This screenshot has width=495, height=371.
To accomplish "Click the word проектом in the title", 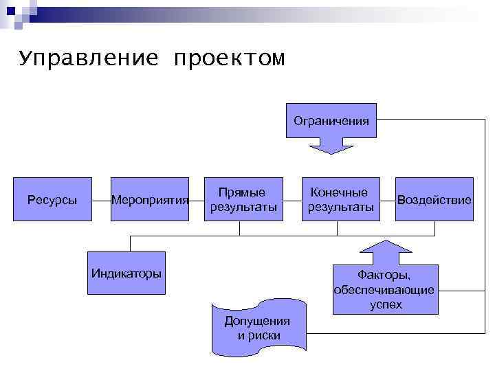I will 229,60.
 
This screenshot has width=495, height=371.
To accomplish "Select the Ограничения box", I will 331,121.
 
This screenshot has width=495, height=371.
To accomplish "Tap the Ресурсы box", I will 52,200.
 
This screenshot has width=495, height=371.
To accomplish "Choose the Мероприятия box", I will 150,200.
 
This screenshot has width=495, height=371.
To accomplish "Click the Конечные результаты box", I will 340,199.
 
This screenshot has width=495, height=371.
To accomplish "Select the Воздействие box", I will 434,200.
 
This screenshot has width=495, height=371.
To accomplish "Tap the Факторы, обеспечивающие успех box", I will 385,289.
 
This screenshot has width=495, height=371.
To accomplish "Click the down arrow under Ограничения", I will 331,145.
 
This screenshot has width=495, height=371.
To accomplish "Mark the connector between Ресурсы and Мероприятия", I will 101,200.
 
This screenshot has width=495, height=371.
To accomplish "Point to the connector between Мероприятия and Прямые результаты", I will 197,200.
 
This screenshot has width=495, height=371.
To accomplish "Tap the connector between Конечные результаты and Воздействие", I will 388,200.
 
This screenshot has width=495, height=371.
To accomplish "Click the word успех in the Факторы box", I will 386,304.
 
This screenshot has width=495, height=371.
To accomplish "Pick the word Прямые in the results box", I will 242,192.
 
